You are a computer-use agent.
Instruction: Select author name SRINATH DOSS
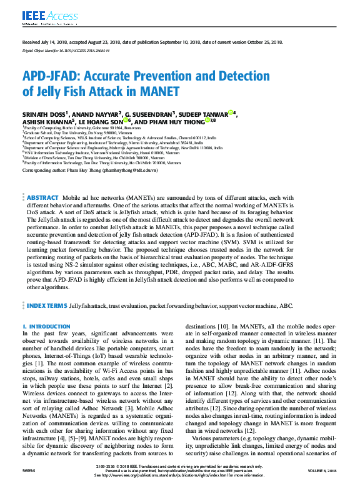point(44,115)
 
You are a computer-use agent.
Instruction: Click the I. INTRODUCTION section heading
point(46,327)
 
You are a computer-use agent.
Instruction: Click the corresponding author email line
point(90,170)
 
